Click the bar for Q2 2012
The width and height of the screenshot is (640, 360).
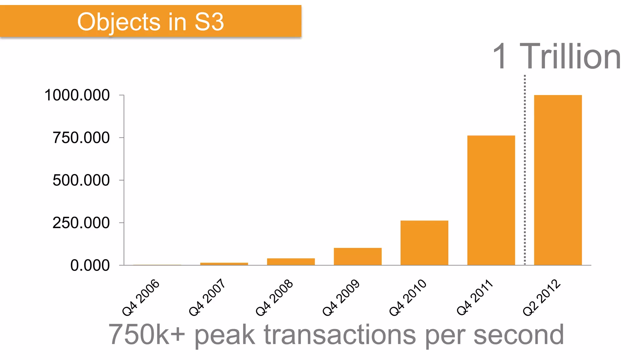pos(558,180)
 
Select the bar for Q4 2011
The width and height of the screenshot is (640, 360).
pos(491,200)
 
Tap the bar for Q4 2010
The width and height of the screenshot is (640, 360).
pos(424,243)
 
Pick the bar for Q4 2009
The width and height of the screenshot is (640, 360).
pos(357,257)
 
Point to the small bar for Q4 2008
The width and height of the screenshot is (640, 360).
pos(291,262)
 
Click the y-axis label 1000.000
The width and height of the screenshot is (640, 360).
pos(77,95)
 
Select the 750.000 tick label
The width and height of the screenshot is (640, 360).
pos(81,137)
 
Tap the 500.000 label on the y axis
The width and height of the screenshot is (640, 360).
pos(81,180)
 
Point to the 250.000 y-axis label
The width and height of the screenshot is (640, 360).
pos(81,223)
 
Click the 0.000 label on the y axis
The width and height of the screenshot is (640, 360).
pos(90,265)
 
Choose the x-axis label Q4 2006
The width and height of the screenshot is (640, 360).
pos(141,297)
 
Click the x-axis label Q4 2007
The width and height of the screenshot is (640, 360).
pos(207,297)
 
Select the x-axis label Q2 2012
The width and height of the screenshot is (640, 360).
pos(542,297)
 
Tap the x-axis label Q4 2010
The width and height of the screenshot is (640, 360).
pos(408,297)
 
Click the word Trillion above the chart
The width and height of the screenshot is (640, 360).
pos(570,57)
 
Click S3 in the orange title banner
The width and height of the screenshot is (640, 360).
pos(209,22)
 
